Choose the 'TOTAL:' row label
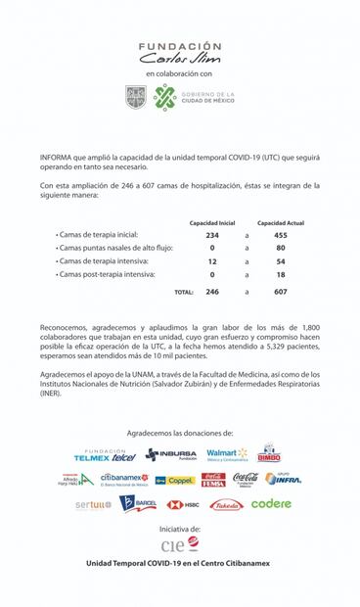click(183, 292)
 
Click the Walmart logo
click(227, 454)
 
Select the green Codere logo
click(271, 504)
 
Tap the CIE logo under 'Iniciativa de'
click(180, 544)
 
